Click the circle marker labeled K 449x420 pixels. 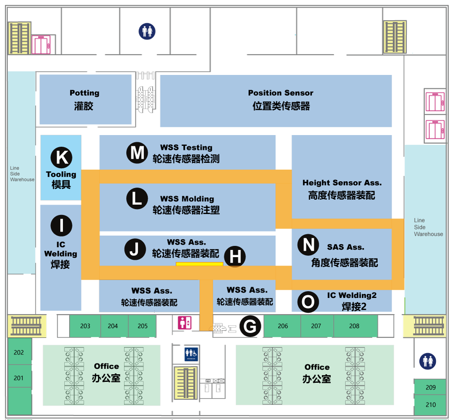62,157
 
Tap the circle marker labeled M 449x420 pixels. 137,153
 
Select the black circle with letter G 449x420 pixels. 250,326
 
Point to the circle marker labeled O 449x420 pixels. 308,302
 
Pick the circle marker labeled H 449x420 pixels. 235,257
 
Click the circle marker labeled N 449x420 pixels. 308,245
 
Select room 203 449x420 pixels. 85,326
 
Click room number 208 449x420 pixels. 354,326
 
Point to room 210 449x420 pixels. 431,405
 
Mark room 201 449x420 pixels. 18,378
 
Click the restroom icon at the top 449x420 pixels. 146,31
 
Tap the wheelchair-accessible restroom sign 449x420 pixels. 191,354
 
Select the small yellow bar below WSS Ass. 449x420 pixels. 199,264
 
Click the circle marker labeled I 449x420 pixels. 62,225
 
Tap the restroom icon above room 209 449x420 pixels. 427,361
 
